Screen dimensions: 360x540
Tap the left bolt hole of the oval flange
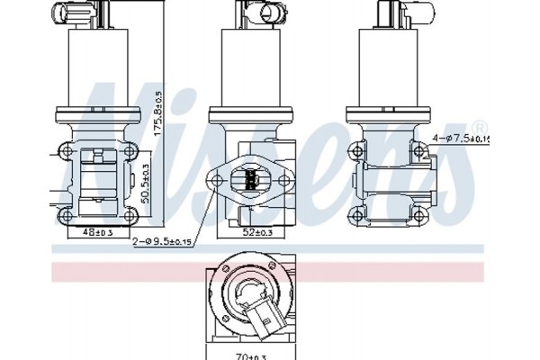click(x=216, y=180)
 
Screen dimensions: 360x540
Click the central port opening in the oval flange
click(x=248, y=179)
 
